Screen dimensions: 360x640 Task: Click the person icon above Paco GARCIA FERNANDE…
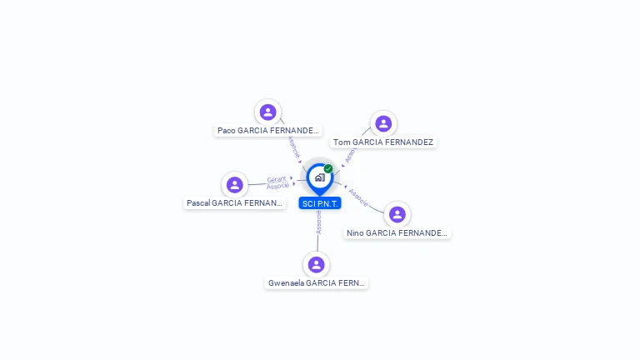pos(267,112)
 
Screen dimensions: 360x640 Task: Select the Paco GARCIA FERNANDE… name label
pos(267,131)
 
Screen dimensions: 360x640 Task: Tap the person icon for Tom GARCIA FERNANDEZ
pos(383,123)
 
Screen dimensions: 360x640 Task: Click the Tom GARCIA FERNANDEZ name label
pos(383,142)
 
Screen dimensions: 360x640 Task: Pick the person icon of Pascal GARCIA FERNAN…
pos(235,184)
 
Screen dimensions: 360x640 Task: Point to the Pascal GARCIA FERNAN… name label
pos(234,203)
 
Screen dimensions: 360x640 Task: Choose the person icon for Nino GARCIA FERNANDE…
pos(397,214)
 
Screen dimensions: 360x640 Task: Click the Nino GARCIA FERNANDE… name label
pos(397,233)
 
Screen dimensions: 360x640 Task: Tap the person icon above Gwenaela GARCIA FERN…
pos(316,264)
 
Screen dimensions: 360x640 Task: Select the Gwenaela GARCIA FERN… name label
pos(316,283)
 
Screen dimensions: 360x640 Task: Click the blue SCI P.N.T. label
pos(320,203)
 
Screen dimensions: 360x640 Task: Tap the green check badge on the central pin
pos(328,169)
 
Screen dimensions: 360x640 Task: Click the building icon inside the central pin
pos(319,177)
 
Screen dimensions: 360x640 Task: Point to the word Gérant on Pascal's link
pos(277,179)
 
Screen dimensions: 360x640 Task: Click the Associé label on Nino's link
pos(358,197)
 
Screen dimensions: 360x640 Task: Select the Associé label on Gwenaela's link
pos(318,222)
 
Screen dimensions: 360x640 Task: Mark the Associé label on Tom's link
pos(350,154)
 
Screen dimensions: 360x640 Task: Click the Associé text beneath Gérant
pos(278,186)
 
